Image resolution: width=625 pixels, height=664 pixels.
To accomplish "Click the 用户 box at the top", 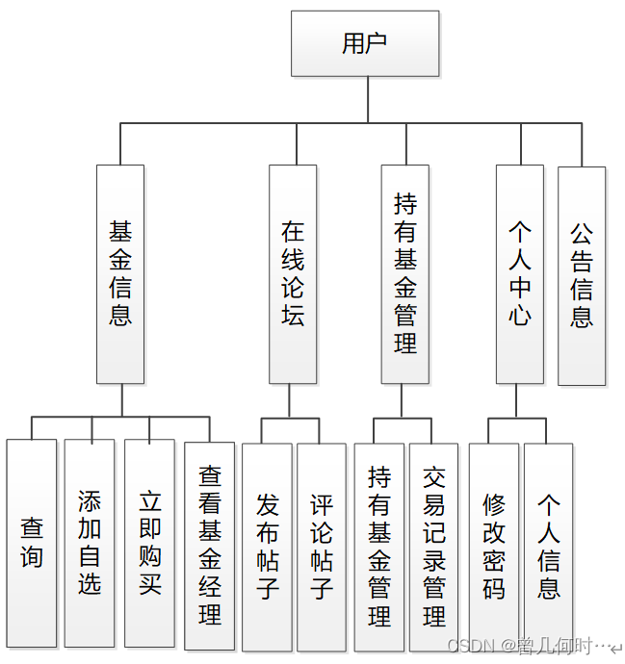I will pyautogui.click(x=365, y=43).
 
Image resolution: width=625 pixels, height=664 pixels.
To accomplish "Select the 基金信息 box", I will pyautogui.click(x=120, y=274).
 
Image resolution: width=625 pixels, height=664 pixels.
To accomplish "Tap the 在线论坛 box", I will pyautogui.click(x=293, y=274).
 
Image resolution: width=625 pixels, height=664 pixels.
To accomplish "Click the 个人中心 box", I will pyautogui.click(x=520, y=274).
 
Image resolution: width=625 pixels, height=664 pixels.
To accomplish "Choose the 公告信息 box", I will pyautogui.click(x=582, y=276).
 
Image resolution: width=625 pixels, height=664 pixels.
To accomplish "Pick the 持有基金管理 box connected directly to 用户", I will pyautogui.click(x=405, y=274).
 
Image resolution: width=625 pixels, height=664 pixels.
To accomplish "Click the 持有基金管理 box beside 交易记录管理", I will pyautogui.click(x=379, y=547).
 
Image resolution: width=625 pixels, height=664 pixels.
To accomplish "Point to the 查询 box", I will pyautogui.click(x=32, y=544).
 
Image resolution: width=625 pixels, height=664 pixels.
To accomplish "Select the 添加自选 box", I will pyautogui.click(x=90, y=544).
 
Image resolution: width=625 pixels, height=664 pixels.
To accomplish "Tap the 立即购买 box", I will pyautogui.click(x=150, y=544).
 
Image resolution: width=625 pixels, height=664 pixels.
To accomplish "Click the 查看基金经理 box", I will pyautogui.click(x=211, y=546).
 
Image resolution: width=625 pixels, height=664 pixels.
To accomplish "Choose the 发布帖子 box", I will pyautogui.click(x=267, y=547).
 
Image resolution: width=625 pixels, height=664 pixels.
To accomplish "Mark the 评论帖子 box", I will pyautogui.click(x=322, y=547).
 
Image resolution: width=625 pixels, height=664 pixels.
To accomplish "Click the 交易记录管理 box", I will pyautogui.click(x=434, y=547).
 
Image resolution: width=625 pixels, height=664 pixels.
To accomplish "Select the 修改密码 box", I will pyautogui.click(x=493, y=547).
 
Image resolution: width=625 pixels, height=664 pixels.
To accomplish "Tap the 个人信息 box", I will pyautogui.click(x=548, y=547).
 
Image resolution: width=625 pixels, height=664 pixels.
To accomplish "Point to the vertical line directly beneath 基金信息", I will pyautogui.click(x=120, y=400).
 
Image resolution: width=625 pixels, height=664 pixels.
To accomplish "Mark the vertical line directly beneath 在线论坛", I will pyautogui.click(x=293, y=400).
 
